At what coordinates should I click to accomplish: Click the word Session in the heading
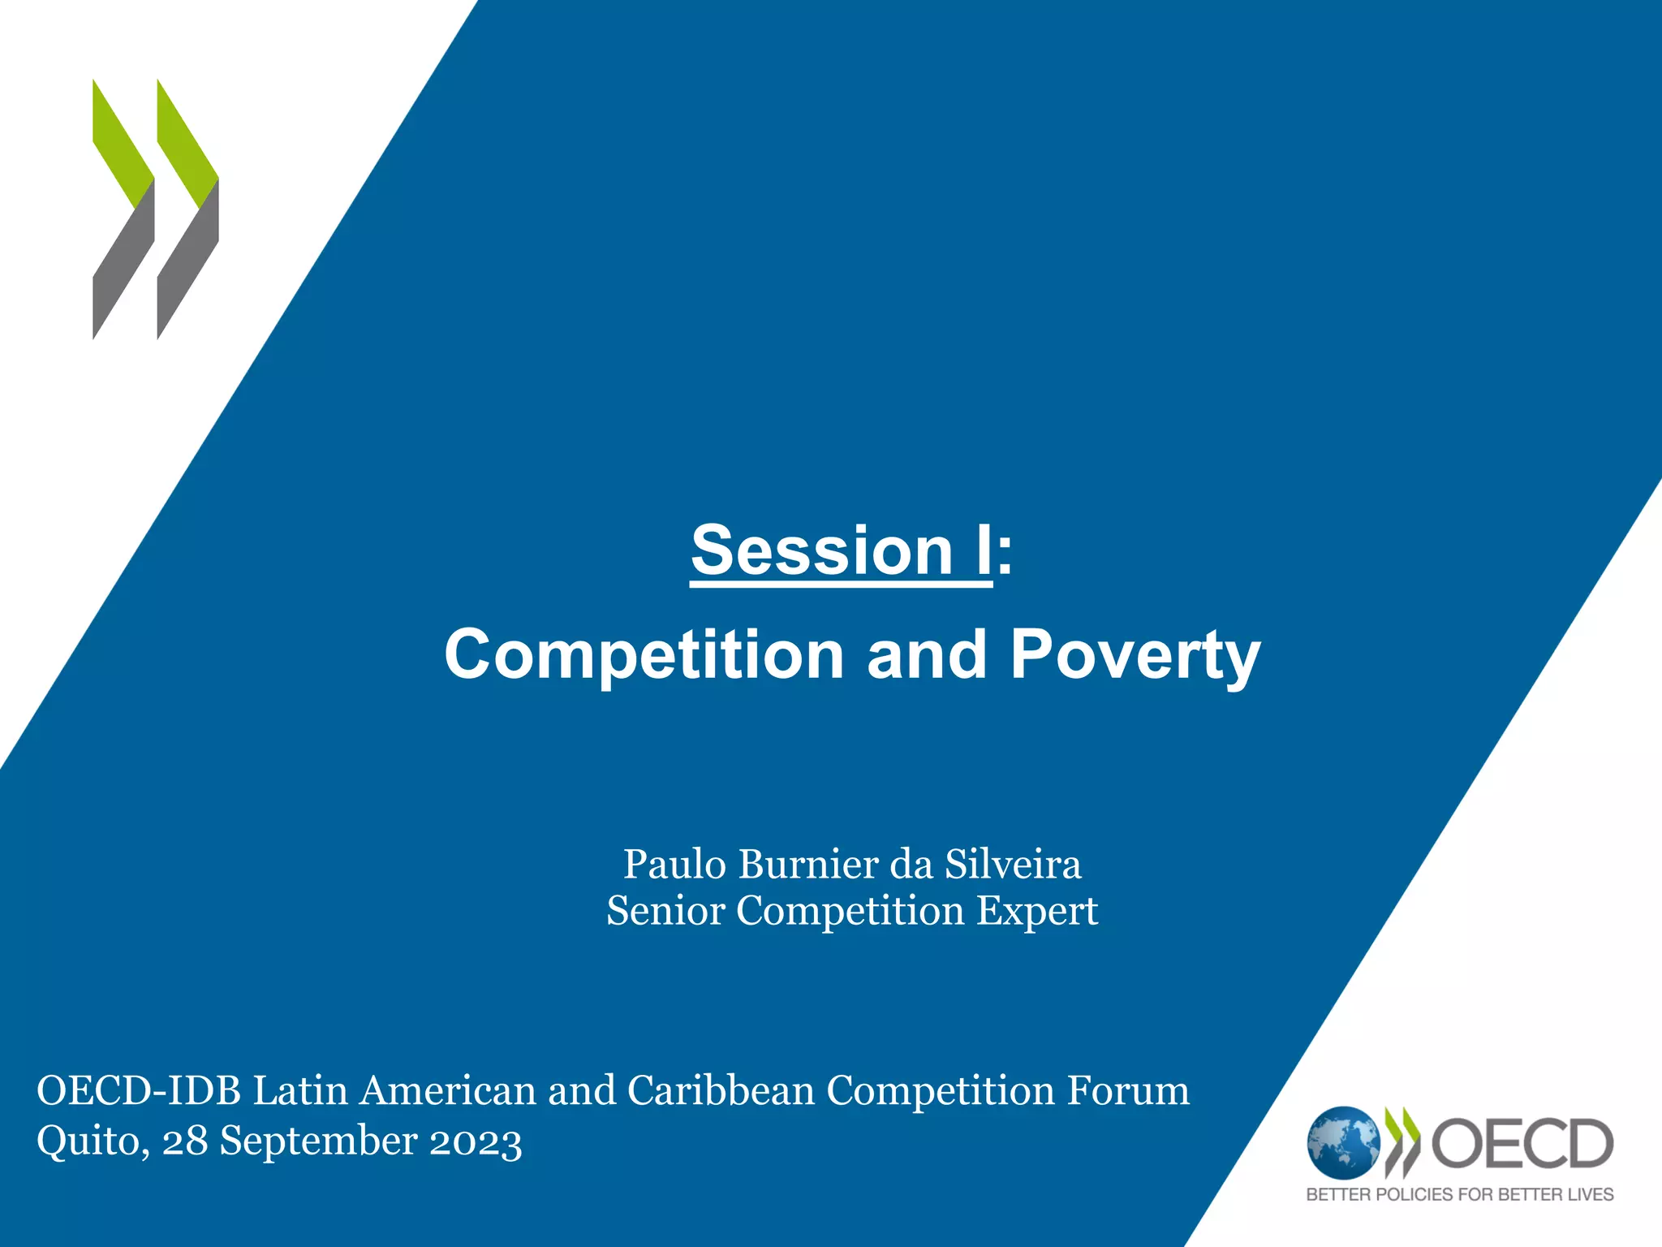pos(821,551)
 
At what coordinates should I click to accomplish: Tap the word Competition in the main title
pos(644,656)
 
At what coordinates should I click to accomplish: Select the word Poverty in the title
pos(1135,656)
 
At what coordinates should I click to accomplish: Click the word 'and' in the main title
pos(927,656)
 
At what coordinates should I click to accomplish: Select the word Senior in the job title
pos(665,910)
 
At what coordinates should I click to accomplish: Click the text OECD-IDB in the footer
pos(139,1090)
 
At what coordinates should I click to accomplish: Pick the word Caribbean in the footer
pos(721,1090)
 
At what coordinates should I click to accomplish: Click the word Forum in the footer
pos(1128,1090)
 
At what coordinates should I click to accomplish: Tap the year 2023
pos(476,1141)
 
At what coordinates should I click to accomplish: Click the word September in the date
pos(318,1141)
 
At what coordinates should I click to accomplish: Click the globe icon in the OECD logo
pos(1342,1143)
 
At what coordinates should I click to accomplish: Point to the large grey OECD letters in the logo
pos(1522,1143)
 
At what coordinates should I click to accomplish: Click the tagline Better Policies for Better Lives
pos(1459,1194)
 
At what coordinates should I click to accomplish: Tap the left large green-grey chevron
pos(123,209)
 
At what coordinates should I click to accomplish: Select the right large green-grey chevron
pos(187,209)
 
